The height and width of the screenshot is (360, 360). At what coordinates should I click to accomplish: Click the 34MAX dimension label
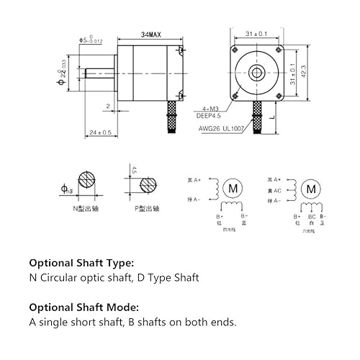(x=150, y=35)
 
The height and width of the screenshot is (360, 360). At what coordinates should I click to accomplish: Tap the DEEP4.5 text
(x=208, y=114)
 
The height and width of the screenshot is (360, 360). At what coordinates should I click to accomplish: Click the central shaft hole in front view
(x=256, y=71)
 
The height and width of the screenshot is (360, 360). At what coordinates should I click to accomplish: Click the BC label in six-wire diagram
(x=311, y=216)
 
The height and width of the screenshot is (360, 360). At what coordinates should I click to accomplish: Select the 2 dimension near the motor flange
(x=107, y=105)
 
